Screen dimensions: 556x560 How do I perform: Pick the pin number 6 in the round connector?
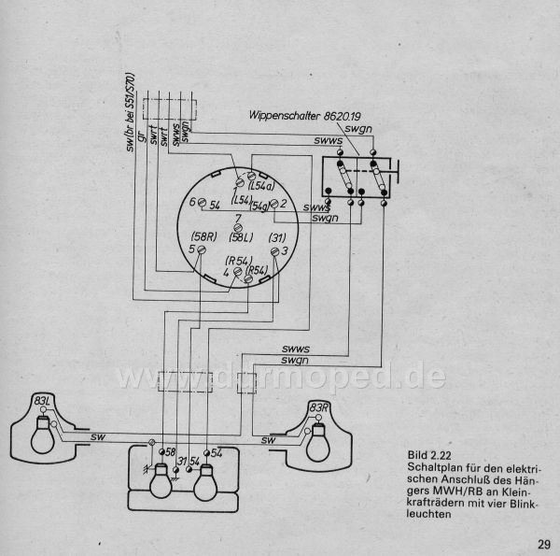(191, 202)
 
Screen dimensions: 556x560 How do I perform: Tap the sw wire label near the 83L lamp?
(98, 436)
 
